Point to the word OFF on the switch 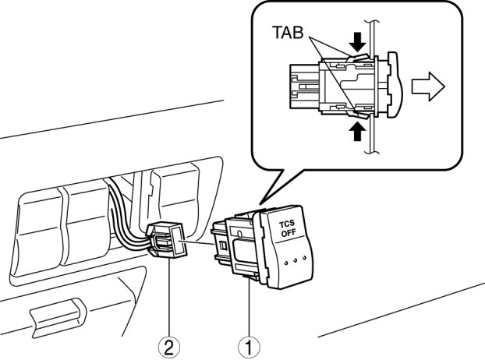click(x=288, y=233)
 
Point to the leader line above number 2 click(x=169, y=300)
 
